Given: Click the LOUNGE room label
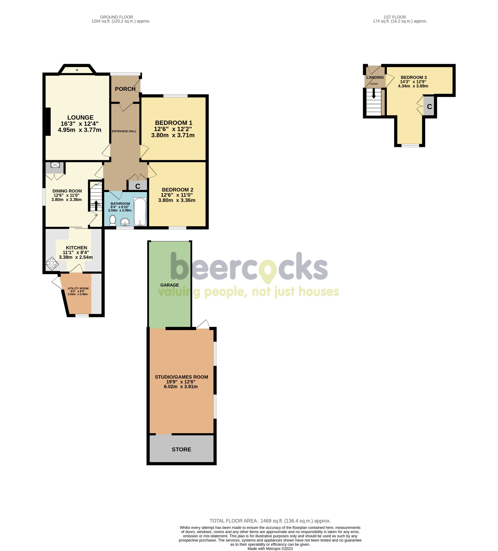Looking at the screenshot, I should (x=80, y=118).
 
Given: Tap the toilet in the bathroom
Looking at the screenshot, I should (x=113, y=220).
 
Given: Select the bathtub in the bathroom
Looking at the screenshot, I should (x=140, y=211).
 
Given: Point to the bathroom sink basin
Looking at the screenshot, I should (x=125, y=222).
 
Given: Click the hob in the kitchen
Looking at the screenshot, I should (x=52, y=264).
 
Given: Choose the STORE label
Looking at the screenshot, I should (x=181, y=449).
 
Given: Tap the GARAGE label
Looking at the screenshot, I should (x=170, y=285).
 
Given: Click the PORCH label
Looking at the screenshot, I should (x=125, y=89).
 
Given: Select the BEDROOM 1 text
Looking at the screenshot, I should (x=173, y=123).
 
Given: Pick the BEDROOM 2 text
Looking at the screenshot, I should (x=177, y=190).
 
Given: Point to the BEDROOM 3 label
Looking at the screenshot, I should (x=413, y=77).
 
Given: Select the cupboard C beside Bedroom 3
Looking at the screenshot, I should (x=429, y=107).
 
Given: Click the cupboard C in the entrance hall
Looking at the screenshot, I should (x=138, y=186).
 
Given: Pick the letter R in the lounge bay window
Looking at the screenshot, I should (x=77, y=70).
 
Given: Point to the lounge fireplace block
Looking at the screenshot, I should (x=48, y=122).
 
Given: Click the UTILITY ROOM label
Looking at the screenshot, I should (x=78, y=288).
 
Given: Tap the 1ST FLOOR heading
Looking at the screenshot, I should (x=395, y=17).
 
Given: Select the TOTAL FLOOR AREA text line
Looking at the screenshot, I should (x=270, y=521).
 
